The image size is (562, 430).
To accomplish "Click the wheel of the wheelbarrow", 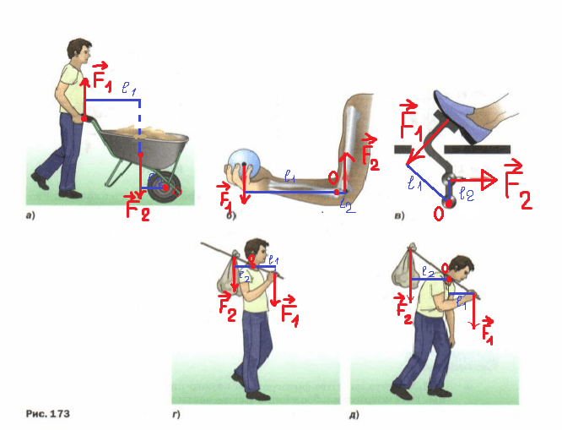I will pyautogui.click(x=166, y=187).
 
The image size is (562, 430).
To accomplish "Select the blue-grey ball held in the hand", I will pyautogui.click(x=243, y=161).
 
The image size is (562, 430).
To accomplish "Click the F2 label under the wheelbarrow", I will pyautogui.click(x=138, y=207).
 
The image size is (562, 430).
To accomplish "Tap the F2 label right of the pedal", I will pyautogui.click(x=517, y=188).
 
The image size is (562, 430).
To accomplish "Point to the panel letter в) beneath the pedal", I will pyautogui.click(x=401, y=216).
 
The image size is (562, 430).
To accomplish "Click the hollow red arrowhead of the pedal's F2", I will pyautogui.click(x=486, y=178).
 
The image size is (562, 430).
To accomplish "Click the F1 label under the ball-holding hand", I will pyautogui.click(x=227, y=199).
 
